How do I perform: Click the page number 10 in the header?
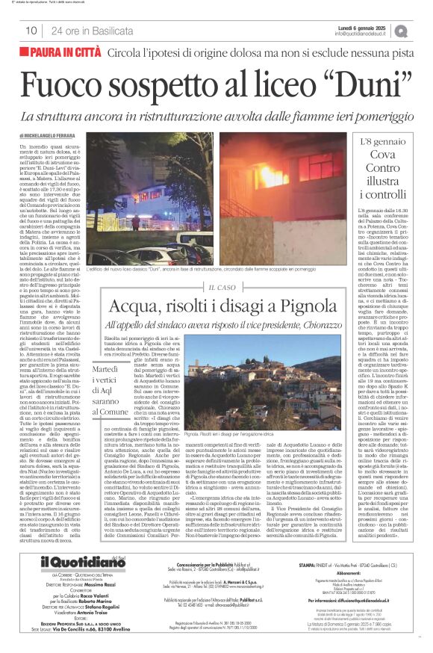pos(31,31)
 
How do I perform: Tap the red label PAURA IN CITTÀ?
pos(63,52)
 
